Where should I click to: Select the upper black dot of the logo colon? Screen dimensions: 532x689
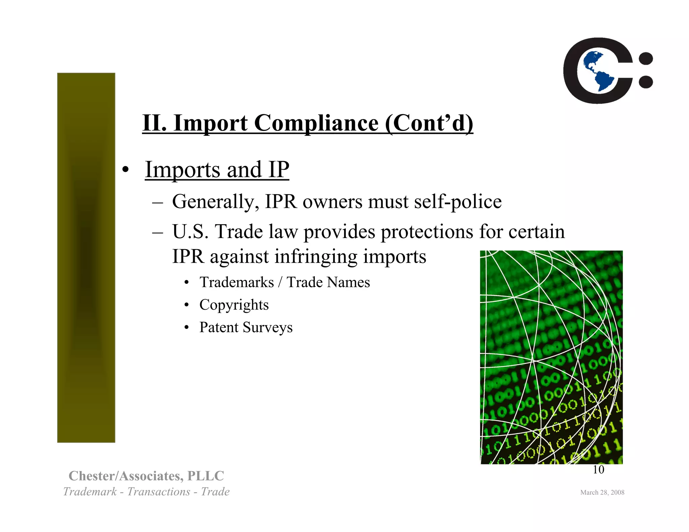coord(646,59)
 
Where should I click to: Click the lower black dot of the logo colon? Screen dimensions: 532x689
coord(646,81)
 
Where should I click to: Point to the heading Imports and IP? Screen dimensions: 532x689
coord(217,169)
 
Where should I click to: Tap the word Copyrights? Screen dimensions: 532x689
coord(234,305)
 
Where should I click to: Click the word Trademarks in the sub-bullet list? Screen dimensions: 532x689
coord(237,282)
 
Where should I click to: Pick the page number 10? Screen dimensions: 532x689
coord(598,470)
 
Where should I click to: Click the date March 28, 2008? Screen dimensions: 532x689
coord(602,492)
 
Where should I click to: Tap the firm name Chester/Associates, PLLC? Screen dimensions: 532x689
coord(146,476)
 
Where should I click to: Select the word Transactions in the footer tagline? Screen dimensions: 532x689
coord(158,492)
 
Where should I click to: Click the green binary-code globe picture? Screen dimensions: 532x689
coord(551,357)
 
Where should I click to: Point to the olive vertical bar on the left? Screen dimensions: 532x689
coord(86,257)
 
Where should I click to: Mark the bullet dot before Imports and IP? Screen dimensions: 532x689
coord(125,170)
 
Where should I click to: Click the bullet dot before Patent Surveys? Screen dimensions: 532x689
coord(187,328)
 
